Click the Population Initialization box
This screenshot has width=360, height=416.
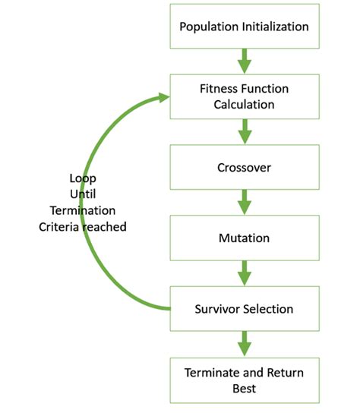(244, 27)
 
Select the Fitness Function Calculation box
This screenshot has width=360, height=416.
(244, 96)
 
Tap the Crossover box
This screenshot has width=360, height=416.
(244, 167)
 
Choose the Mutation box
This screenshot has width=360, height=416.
(244, 238)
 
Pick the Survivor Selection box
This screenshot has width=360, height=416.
(244, 309)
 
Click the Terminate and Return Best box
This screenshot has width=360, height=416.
(244, 380)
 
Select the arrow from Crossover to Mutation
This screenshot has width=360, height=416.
(244, 203)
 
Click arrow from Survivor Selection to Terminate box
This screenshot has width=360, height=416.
(244, 344)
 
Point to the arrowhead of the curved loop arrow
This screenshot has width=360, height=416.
(161, 96)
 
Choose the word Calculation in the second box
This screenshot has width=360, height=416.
(244, 104)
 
